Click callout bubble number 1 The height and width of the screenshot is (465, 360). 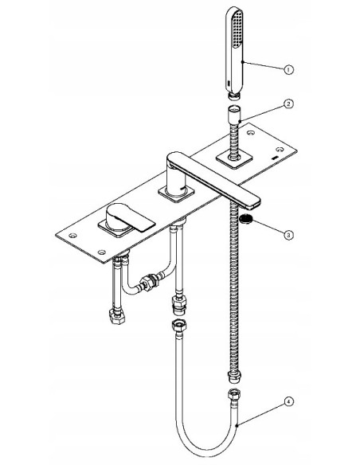[288, 70]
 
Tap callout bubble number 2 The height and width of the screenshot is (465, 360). [288, 104]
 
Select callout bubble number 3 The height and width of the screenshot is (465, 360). [288, 235]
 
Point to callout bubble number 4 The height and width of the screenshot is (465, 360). [288, 402]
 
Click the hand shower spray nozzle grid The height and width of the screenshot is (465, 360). [237, 29]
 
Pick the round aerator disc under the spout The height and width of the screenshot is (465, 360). [246, 220]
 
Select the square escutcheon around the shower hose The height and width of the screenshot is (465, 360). [234, 159]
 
